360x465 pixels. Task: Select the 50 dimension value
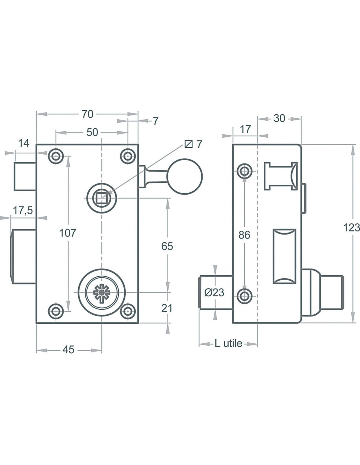pos(92,132)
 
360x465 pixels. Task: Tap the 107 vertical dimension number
pos(68,233)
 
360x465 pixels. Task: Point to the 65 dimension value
pos(167,246)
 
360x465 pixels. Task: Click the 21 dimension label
pos(167,308)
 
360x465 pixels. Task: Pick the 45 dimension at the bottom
pos(68,350)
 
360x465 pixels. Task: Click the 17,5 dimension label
pos(23,211)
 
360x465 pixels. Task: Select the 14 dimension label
pos(24,143)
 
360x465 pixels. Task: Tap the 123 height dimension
pos(352,227)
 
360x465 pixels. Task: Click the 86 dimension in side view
pos(244,235)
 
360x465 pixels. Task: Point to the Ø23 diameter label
pos(214,292)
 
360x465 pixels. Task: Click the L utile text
pos(228,343)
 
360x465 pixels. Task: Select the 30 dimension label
pos(279,118)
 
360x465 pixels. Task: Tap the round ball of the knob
pos(185,177)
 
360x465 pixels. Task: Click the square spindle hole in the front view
pos(101,198)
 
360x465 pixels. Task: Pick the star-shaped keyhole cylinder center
pos(101,292)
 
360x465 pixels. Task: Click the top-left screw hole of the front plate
pos(56,156)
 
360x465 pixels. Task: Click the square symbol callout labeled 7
pos(194,144)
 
